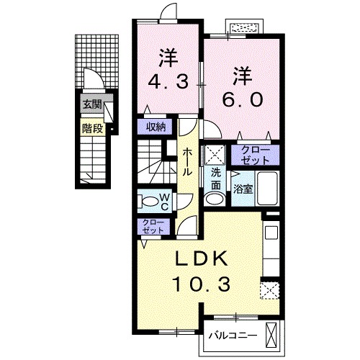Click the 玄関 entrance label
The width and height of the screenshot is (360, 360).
coord(91,104)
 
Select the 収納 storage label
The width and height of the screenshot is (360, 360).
coord(157,127)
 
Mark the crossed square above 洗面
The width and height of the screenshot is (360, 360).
coord(215,154)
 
